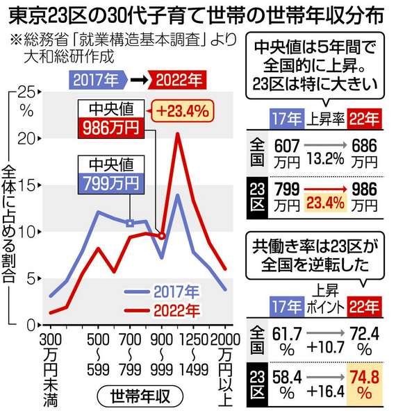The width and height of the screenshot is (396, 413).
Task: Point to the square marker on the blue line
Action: click(x=129, y=223)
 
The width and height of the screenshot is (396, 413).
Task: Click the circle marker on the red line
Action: click(x=162, y=236)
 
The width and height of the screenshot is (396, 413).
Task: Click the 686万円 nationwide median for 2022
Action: click(x=363, y=154)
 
